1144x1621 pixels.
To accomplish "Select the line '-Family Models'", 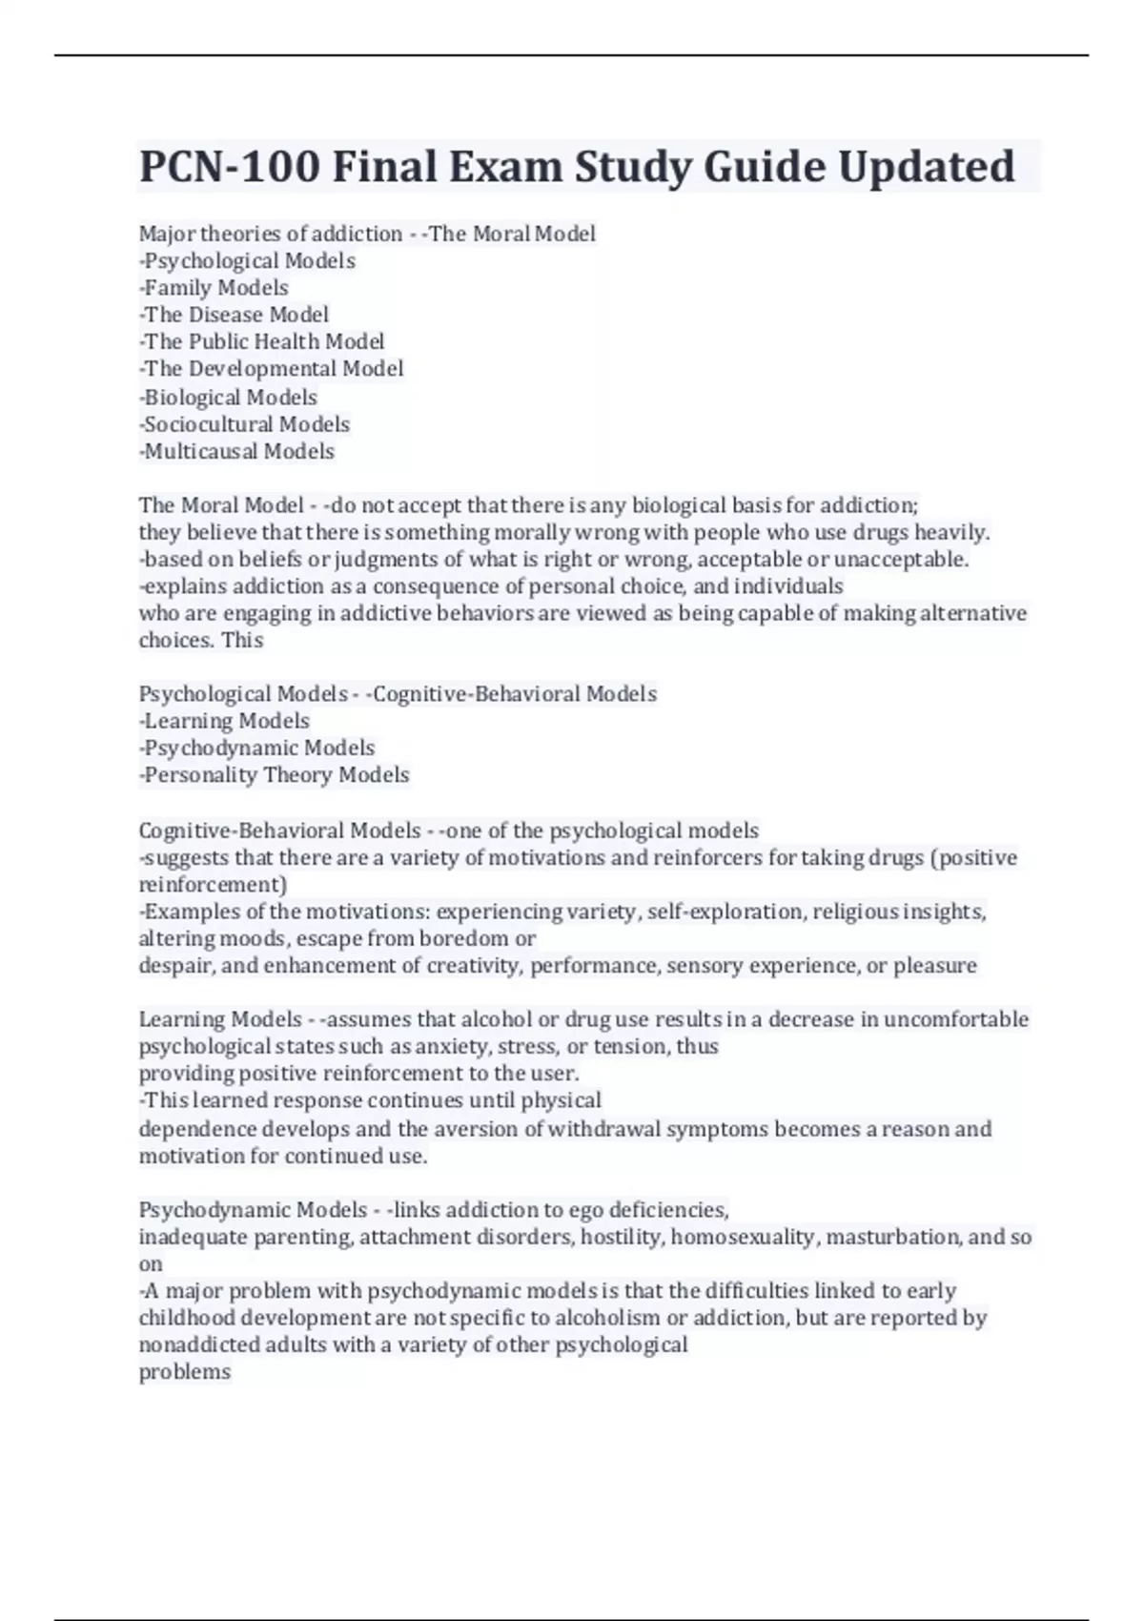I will (214, 288).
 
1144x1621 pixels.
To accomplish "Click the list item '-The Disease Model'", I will (234, 315).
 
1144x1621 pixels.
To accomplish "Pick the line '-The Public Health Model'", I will (261, 341).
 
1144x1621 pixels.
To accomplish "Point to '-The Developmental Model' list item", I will (271, 369).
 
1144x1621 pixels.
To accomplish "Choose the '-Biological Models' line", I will (228, 397).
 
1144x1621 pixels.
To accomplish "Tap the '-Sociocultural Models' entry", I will (244, 424).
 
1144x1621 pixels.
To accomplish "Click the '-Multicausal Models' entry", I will (236, 451).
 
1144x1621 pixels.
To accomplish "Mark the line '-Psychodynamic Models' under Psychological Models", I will (256, 748).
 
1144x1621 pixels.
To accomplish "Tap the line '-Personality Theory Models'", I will (274, 775).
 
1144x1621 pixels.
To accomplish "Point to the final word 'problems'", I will (185, 1372).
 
